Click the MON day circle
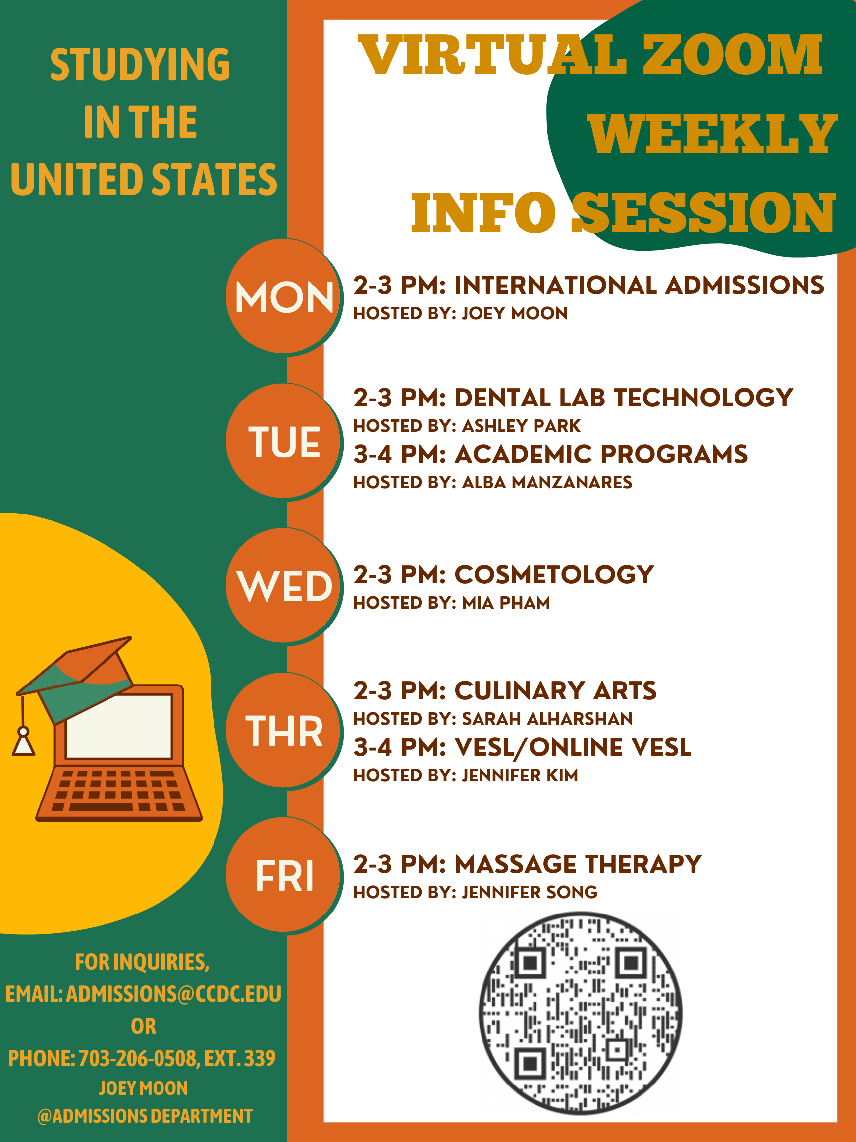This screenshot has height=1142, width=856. [x=284, y=296]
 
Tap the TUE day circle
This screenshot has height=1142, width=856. [x=284, y=441]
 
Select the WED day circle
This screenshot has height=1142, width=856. [x=284, y=585]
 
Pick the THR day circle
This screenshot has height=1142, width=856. [x=284, y=730]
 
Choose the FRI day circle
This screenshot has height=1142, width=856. [x=284, y=874]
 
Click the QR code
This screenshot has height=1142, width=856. [x=581, y=1013]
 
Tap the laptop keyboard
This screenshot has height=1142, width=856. [x=119, y=791]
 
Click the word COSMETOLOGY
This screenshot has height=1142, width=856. [x=554, y=574]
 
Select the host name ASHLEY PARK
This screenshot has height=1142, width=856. [x=521, y=425]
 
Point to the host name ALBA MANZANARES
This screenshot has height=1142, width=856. [x=547, y=482]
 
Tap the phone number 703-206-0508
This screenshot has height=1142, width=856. [x=138, y=1058]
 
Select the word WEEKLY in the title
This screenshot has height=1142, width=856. [x=712, y=134]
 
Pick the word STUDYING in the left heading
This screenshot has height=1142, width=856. [x=140, y=64]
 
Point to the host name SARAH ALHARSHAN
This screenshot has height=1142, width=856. [x=547, y=719]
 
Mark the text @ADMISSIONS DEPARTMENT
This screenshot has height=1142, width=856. [x=145, y=1116]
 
